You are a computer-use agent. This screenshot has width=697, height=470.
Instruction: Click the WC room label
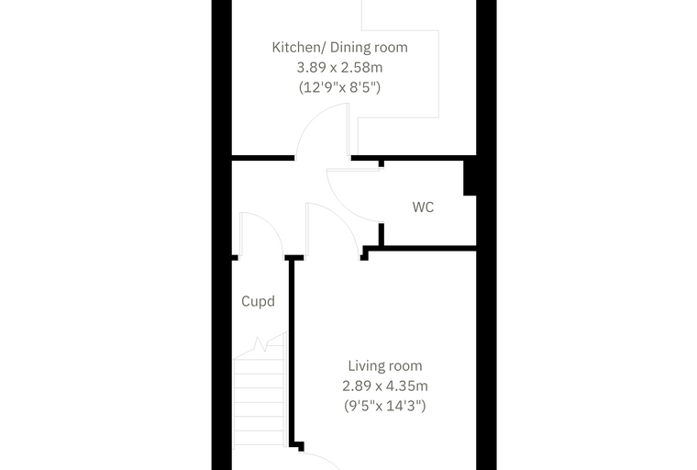[423, 207]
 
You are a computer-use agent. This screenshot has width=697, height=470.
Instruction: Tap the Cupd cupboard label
[258, 301]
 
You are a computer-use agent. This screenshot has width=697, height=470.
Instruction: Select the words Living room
[385, 366]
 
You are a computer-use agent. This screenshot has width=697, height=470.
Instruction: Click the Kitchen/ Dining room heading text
[339, 47]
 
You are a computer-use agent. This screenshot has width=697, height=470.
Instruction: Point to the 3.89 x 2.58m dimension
[339, 68]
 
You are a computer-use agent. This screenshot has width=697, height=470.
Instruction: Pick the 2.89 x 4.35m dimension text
[385, 386]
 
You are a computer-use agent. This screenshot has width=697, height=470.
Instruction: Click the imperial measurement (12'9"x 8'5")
[339, 87]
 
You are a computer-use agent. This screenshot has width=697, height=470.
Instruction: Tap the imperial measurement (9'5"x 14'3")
[385, 406]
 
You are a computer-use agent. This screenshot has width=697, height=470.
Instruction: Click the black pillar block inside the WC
[470, 178]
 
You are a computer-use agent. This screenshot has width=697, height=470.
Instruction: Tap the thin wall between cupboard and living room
[292, 352]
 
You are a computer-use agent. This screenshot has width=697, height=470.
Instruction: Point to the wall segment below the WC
[422, 248]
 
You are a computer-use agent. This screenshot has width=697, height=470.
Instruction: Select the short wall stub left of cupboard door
[235, 258]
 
